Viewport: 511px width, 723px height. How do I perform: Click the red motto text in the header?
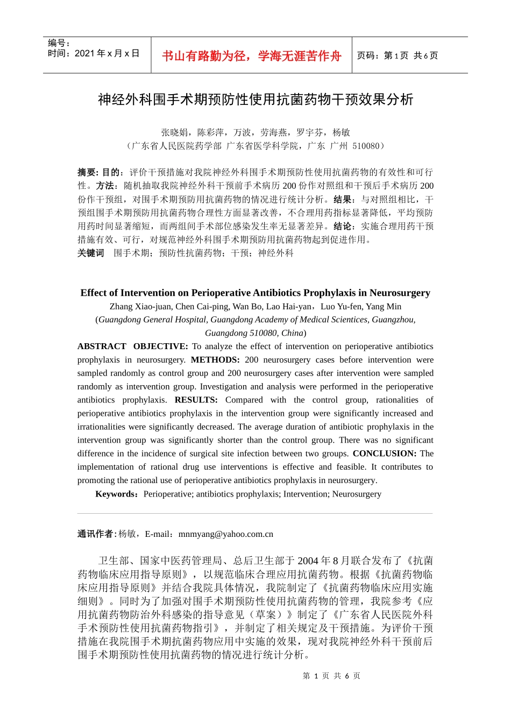pos(251,56)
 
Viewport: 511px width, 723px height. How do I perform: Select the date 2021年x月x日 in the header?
pos(107,53)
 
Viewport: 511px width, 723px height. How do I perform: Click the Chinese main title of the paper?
pos(256,100)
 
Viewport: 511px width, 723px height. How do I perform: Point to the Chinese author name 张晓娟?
pos(174,132)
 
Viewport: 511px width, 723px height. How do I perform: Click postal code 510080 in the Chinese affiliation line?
pos(366,146)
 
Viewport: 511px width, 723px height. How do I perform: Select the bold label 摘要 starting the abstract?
pos(87,172)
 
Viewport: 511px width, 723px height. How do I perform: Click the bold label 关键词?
pos(91,253)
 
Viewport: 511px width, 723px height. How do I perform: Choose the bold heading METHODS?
pos(215,360)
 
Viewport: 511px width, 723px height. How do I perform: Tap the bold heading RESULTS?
pos(196,400)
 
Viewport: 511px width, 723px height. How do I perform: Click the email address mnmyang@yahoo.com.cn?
pos(226,534)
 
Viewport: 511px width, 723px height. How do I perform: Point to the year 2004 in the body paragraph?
pos(308,561)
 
